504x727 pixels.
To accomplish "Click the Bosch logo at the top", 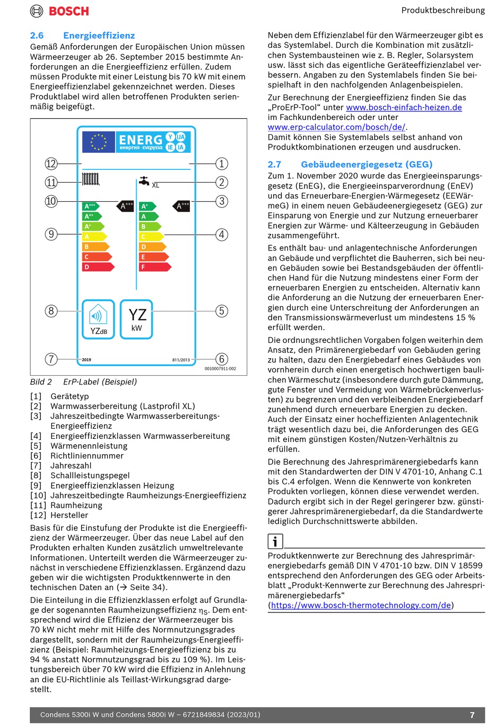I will click(x=59, y=11).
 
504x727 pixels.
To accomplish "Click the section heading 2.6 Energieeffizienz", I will click(x=82, y=36).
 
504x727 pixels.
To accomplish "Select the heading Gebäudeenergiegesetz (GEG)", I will click(x=366, y=165).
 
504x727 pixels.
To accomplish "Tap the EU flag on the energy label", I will click(x=99, y=142).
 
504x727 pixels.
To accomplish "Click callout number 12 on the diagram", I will click(x=51, y=163).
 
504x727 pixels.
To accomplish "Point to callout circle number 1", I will click(x=222, y=163).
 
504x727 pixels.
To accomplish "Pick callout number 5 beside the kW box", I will click(x=222, y=311).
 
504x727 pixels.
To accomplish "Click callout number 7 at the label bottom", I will click(x=51, y=359).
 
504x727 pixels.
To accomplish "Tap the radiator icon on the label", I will click(x=91, y=179).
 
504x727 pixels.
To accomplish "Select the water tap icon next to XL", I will click(x=144, y=181).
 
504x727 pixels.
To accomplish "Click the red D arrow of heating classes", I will click(x=98, y=267).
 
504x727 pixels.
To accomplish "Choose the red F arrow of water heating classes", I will click(x=154, y=267).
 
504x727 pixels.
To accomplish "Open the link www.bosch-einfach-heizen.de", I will click(x=404, y=108).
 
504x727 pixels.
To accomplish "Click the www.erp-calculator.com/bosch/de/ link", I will click(x=336, y=127).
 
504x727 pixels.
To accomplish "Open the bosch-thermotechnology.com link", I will click(x=361, y=605).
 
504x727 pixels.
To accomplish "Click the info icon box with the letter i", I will click(x=275, y=541).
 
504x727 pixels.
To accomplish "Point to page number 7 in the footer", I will click(x=472, y=715).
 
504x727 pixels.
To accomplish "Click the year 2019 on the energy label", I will click(x=86, y=360).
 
